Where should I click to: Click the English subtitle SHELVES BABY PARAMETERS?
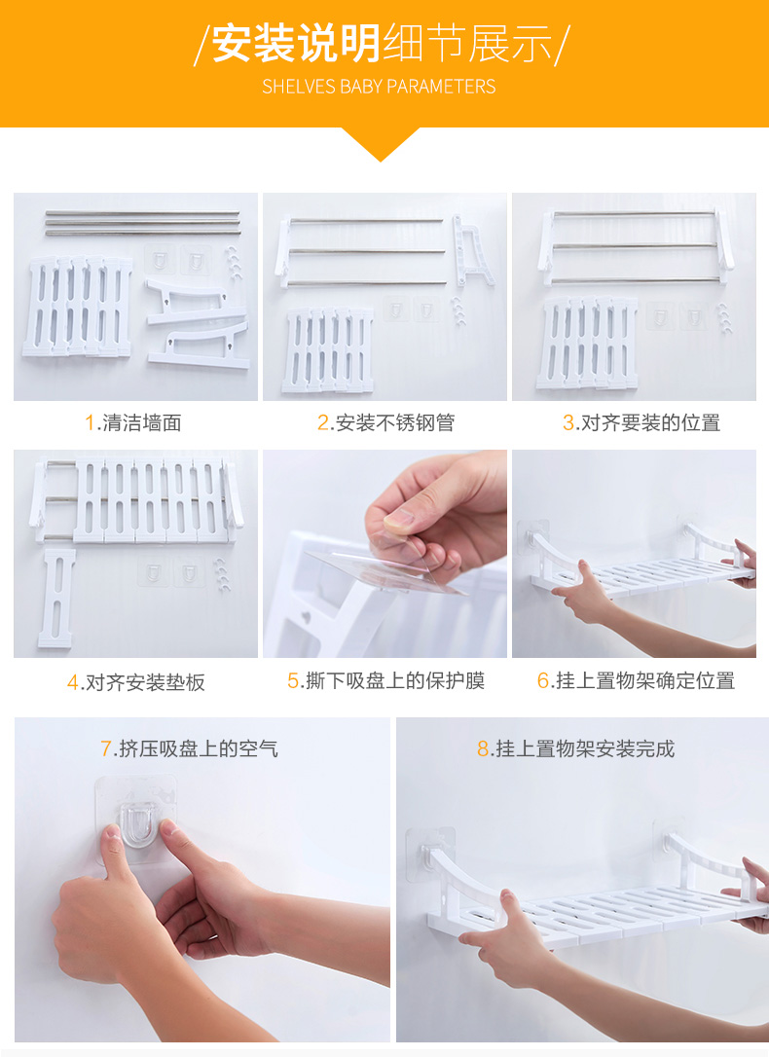tap(379, 87)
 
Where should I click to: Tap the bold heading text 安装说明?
tap(297, 43)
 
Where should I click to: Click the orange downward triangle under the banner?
tap(380, 144)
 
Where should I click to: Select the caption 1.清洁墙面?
tap(132, 422)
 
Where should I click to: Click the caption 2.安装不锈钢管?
tap(385, 422)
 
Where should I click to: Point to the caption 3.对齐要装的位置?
tap(641, 422)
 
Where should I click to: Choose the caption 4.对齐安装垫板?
tap(135, 682)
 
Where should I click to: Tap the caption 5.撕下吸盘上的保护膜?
tap(385, 681)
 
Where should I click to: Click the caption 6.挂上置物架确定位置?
tap(636, 681)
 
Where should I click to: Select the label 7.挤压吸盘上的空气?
tap(189, 748)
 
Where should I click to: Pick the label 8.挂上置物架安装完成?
tap(575, 748)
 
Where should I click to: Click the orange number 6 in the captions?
tap(543, 681)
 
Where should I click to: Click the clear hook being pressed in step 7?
tap(138, 823)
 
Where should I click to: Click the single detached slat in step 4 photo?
tap(57, 598)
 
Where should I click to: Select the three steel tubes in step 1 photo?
tap(143, 223)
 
